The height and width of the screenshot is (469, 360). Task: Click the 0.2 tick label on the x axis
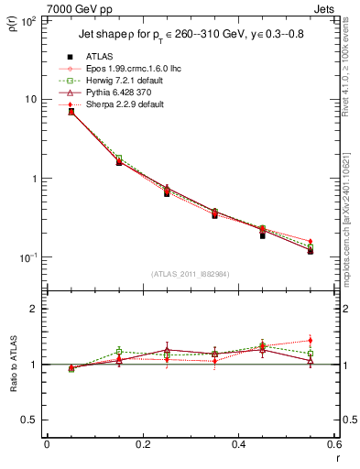[x=142, y=444]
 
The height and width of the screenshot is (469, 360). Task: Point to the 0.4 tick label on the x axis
[x=238, y=444]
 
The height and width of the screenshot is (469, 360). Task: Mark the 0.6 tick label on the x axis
[x=333, y=444]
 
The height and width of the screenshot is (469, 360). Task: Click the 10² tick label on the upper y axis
[x=28, y=20]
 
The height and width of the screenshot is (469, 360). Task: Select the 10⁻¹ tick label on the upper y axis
[x=28, y=257]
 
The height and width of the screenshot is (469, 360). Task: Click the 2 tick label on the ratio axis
[x=35, y=309]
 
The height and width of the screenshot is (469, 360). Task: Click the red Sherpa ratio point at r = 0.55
[x=310, y=341]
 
